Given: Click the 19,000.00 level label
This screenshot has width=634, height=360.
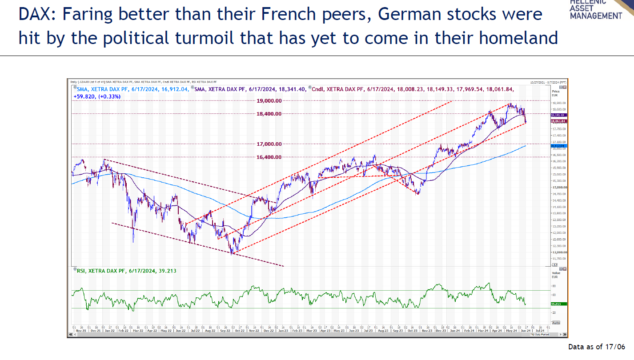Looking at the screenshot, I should tap(269, 101).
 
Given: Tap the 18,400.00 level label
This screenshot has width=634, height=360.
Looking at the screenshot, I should tap(269, 114).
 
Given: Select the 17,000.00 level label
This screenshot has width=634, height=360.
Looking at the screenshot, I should tap(269, 144).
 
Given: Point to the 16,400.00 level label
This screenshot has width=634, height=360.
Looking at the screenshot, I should tap(269, 157).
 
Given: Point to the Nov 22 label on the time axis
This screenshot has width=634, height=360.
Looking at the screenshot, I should tap(253, 331).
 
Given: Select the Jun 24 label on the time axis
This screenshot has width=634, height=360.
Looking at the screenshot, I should tap(526, 331).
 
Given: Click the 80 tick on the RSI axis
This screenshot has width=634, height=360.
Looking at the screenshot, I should tap(554, 286).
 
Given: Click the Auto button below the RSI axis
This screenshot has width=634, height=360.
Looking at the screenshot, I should tap(555, 323).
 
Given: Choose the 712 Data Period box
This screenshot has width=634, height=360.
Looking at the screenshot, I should tap(538, 334).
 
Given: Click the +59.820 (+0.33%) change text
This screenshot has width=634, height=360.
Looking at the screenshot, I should tap(96, 96).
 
